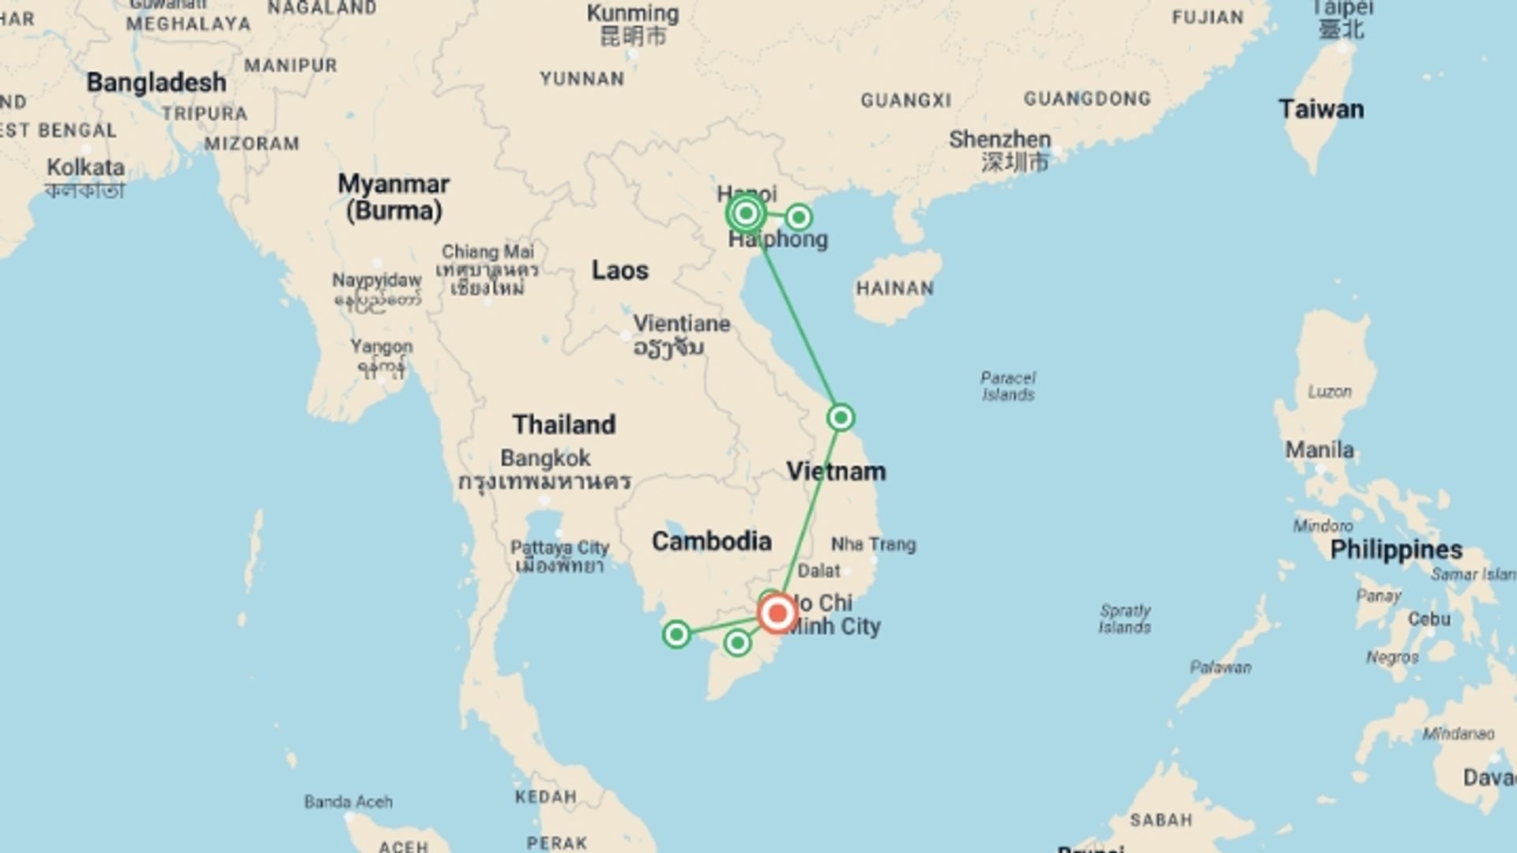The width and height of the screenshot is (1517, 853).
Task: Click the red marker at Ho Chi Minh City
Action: tap(777, 613)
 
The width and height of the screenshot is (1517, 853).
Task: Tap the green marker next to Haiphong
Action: tap(798, 216)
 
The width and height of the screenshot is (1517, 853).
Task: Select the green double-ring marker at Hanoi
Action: tap(746, 213)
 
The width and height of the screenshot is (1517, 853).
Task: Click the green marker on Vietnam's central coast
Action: tap(841, 417)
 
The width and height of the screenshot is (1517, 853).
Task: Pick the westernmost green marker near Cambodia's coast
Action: tap(676, 633)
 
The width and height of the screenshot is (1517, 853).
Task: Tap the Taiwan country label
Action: tap(1321, 109)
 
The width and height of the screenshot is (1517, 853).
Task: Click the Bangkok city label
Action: tap(545, 458)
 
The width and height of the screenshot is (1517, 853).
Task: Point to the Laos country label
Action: tap(620, 270)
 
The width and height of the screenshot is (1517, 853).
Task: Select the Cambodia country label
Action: tap(711, 541)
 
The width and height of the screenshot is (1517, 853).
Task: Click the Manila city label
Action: tap(1319, 450)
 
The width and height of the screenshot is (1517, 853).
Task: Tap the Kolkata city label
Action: tap(85, 167)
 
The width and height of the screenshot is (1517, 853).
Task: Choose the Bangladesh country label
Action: tap(156, 82)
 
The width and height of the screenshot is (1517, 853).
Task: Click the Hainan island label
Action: tap(894, 288)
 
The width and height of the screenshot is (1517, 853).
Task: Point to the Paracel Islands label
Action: tap(1008, 386)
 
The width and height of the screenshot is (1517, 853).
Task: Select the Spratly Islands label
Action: tap(1125, 619)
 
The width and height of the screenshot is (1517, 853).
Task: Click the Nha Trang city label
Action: tap(873, 544)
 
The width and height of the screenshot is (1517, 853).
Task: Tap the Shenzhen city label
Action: tap(999, 140)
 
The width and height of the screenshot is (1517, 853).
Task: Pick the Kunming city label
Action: tap(633, 13)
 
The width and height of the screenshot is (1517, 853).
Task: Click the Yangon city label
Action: tap(382, 347)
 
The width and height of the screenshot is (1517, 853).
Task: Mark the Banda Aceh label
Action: tap(348, 802)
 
